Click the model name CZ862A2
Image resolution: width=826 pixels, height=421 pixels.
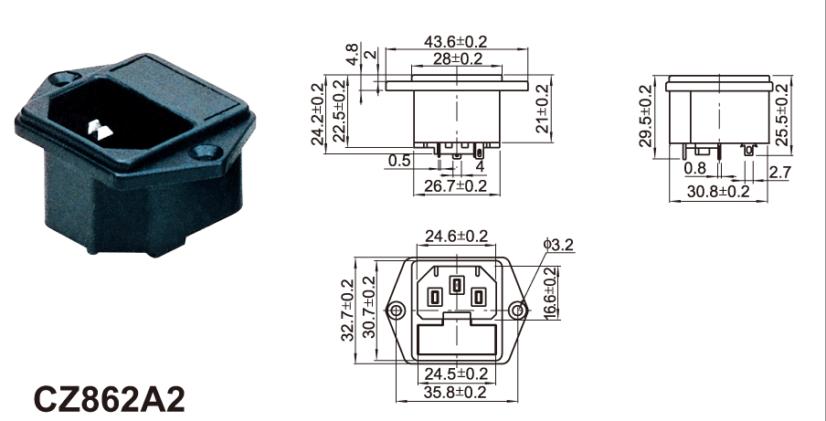(110, 399)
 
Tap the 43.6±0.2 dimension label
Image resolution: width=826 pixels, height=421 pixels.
(456, 41)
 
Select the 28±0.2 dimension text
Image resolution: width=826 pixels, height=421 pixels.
(458, 58)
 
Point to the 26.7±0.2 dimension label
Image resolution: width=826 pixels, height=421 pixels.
(456, 185)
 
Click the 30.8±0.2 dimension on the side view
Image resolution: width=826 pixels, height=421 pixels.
(718, 191)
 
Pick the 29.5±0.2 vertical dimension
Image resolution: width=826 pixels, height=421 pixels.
(646, 116)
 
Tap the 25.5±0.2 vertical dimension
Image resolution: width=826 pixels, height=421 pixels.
(782, 115)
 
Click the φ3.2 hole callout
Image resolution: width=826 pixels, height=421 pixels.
(558, 245)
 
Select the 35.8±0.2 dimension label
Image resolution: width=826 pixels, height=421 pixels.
(456, 392)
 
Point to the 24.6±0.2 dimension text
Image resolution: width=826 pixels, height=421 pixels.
(457, 236)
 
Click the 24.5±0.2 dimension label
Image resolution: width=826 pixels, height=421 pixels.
(457, 374)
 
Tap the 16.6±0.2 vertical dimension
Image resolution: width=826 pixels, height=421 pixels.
(550, 292)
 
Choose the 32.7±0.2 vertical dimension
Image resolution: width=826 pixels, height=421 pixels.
(348, 310)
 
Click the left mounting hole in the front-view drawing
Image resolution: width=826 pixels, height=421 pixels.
(397, 310)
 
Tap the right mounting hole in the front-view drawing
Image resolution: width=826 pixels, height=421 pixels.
(518, 310)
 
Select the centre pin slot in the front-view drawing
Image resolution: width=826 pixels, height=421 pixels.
(456, 285)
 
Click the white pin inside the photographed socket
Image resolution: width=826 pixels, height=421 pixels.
(101, 130)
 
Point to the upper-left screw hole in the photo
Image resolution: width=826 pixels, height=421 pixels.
(63, 79)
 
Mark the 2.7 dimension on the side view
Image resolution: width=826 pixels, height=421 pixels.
(779, 172)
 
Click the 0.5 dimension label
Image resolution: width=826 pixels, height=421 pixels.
(398, 161)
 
